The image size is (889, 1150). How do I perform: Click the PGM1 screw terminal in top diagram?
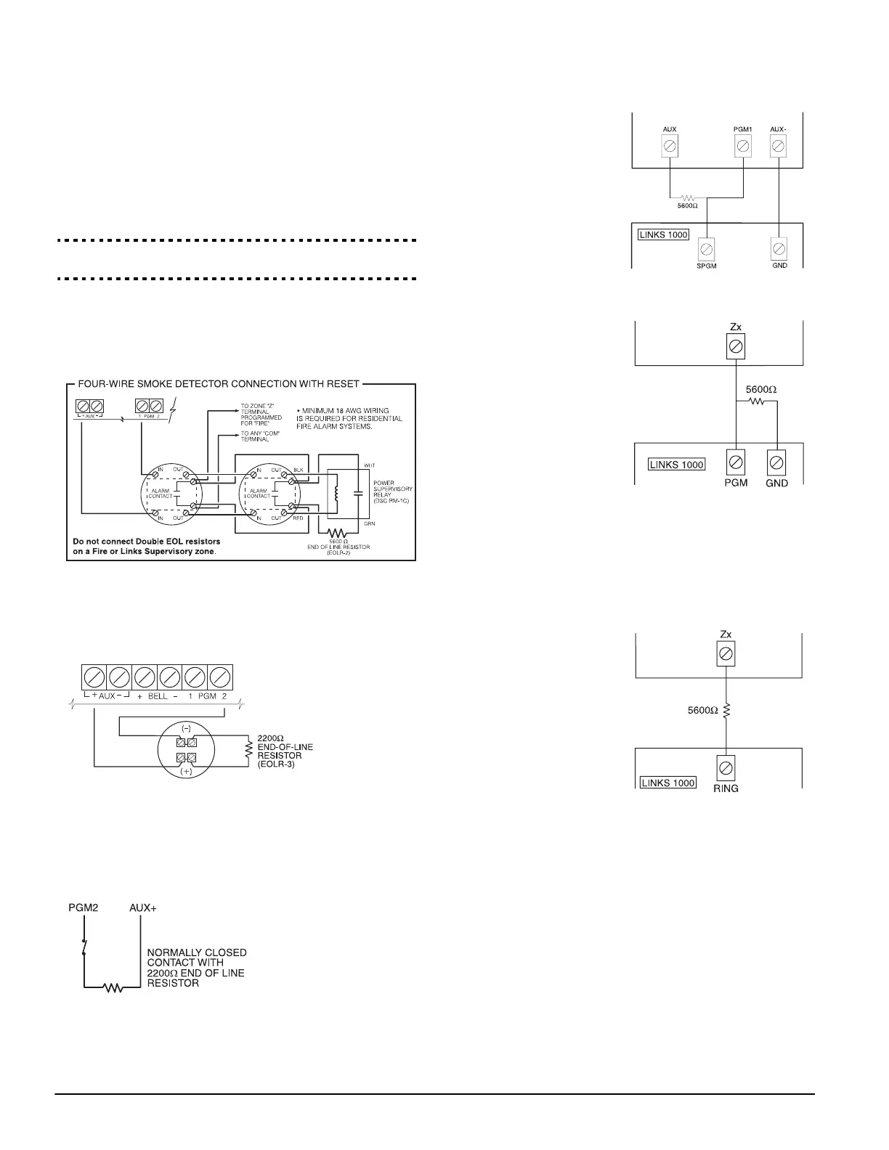click(x=743, y=147)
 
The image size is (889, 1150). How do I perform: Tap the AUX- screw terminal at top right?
click(x=778, y=147)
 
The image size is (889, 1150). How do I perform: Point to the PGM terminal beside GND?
click(x=736, y=462)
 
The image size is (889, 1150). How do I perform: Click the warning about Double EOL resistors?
click(x=147, y=546)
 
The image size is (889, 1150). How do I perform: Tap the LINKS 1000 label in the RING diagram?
click(x=667, y=782)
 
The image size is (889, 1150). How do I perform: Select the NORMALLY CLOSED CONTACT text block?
click(x=196, y=967)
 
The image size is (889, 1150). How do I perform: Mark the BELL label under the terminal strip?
click(x=158, y=696)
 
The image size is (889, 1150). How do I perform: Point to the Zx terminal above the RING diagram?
click(x=726, y=654)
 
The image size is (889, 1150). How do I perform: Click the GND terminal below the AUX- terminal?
click(x=778, y=249)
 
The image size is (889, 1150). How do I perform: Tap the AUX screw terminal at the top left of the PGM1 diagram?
click(x=670, y=147)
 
